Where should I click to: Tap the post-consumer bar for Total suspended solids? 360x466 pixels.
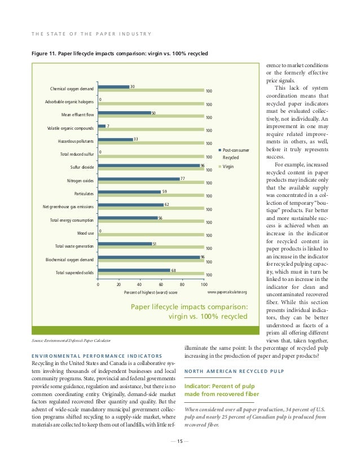(x=134, y=270)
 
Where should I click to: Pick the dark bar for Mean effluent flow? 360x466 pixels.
(x=124, y=113)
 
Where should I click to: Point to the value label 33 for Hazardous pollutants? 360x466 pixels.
(x=136, y=139)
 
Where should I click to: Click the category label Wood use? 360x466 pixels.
(x=85, y=232)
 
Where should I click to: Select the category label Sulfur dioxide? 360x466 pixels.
(x=82, y=167)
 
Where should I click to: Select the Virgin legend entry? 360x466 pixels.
(x=228, y=167)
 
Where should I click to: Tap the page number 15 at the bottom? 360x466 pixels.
(x=180, y=442)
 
